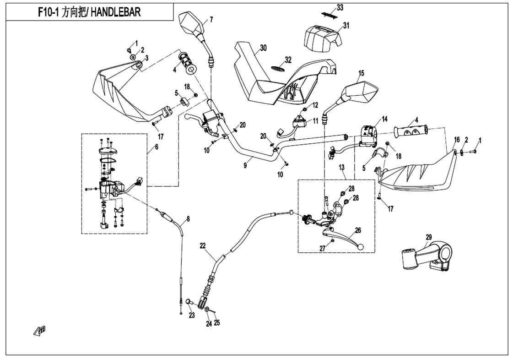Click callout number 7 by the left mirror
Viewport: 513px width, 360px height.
[211, 19]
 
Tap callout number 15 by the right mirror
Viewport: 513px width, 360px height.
[361, 73]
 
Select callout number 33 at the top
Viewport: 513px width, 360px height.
[339, 7]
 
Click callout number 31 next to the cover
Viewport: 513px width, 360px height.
[346, 26]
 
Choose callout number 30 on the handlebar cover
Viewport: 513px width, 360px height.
[263, 48]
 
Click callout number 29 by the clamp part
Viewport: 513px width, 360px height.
[428, 237]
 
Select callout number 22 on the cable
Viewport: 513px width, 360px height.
[203, 245]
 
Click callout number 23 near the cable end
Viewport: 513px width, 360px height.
[192, 315]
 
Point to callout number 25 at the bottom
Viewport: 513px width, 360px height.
[217, 322]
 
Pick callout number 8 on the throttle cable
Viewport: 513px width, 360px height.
[187, 218]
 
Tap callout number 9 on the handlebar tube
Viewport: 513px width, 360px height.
[245, 166]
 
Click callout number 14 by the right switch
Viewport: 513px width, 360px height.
[384, 119]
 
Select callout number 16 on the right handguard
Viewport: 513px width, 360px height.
[456, 139]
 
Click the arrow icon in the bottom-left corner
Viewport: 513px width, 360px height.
[40, 330]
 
